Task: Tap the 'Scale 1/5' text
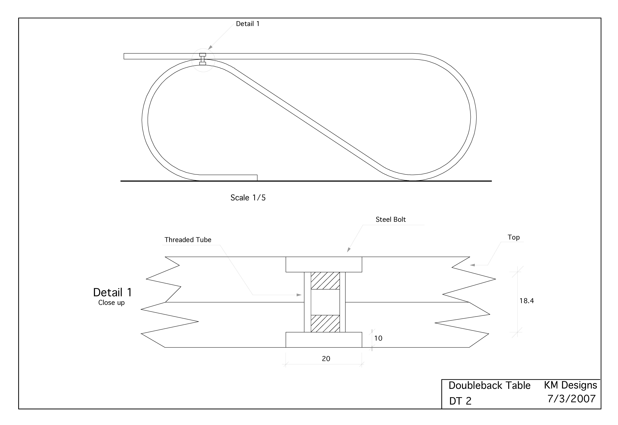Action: (x=248, y=198)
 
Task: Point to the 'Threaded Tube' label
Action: (x=188, y=240)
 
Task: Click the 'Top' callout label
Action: (x=513, y=237)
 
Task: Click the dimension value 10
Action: (x=378, y=338)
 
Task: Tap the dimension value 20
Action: (x=326, y=359)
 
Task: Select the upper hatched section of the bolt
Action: (x=325, y=281)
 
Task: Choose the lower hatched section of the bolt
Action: (x=325, y=324)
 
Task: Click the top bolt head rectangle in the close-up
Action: (x=324, y=264)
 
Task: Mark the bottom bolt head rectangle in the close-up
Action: (x=324, y=340)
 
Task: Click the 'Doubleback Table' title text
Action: (x=489, y=385)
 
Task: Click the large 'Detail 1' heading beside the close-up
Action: (x=112, y=292)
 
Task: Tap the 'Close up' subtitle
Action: (x=111, y=302)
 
